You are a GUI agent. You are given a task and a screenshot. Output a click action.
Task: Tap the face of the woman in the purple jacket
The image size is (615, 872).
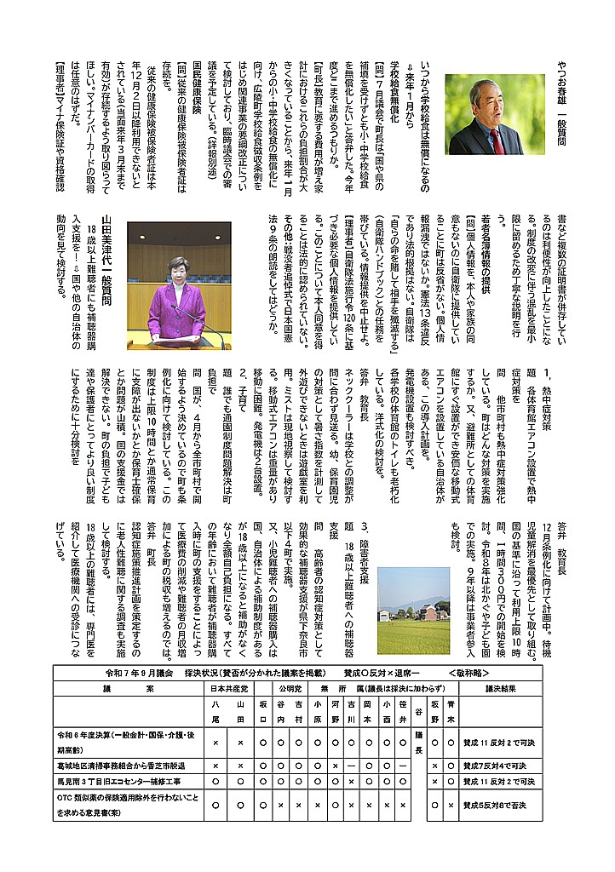point(178,268)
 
